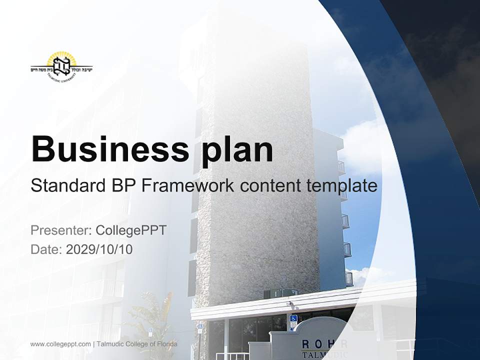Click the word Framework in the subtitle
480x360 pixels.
pos(187,186)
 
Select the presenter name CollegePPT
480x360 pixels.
pos(131,230)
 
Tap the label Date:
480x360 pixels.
pos(46,249)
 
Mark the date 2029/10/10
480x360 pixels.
pos(99,249)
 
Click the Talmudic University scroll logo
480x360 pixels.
pos(61,66)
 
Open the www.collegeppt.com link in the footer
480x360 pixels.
pos(60,344)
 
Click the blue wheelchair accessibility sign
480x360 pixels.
pos(293,320)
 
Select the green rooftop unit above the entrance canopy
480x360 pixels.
pos(280,293)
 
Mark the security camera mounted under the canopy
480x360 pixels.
pos(289,303)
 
